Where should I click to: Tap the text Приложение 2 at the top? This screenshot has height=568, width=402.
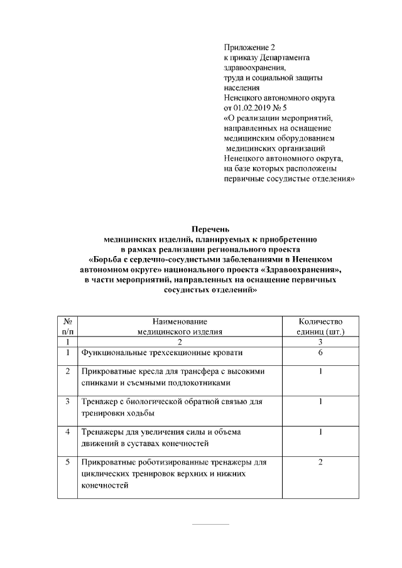click(249, 47)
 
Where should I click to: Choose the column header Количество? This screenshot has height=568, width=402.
click(320, 321)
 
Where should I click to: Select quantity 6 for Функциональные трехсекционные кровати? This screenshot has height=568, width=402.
click(320, 353)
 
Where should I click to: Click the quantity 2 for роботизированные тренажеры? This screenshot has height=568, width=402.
click(320, 463)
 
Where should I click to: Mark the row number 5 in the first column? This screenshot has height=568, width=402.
click(67, 463)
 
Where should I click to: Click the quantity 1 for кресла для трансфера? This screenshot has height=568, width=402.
click(320, 372)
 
